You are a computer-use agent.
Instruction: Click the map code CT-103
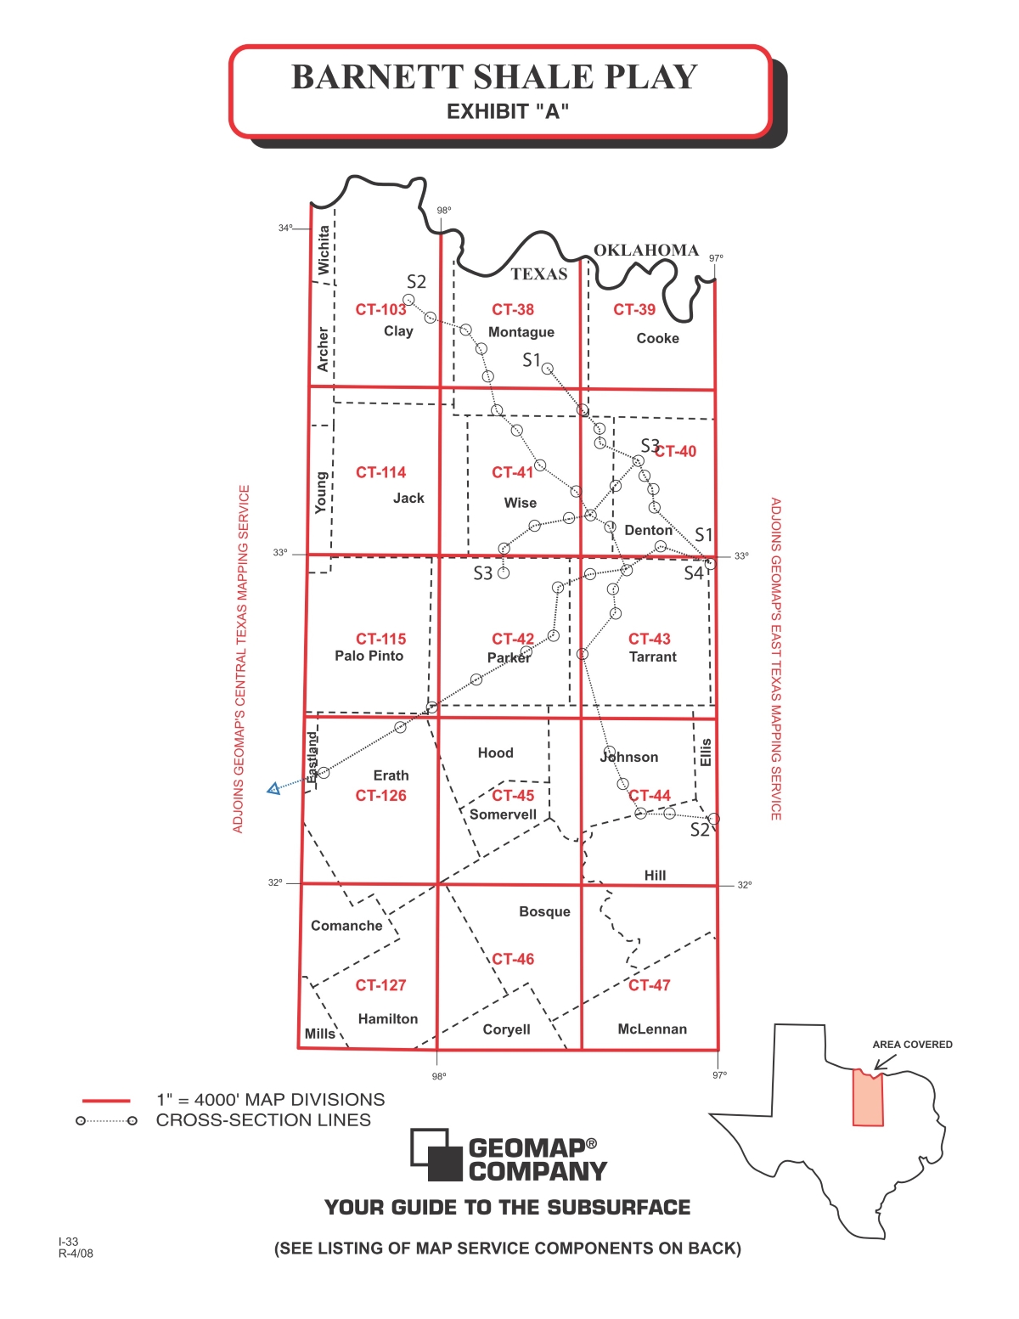point(380,310)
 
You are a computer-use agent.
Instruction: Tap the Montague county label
point(521,332)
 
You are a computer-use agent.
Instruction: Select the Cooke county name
point(657,338)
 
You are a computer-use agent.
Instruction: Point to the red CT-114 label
point(380,472)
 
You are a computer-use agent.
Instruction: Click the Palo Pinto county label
point(369,656)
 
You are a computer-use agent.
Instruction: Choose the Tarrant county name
point(652,657)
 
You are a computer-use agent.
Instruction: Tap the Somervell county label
point(503,815)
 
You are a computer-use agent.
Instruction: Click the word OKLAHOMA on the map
point(645,250)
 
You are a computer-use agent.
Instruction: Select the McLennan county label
point(651,1029)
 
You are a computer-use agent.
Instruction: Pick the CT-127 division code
point(380,985)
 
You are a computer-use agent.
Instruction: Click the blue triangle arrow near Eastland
point(273,789)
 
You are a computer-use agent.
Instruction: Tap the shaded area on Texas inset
point(868,1100)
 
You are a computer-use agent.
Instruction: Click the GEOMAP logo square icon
point(436,1154)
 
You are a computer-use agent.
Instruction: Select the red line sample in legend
point(106,1101)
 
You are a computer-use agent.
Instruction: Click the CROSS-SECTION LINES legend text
point(263,1120)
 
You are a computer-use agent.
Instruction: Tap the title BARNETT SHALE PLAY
point(494,76)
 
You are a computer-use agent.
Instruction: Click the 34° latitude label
point(285,228)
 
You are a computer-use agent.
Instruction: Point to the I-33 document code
point(68,1242)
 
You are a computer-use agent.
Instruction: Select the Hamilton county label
point(387,1018)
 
